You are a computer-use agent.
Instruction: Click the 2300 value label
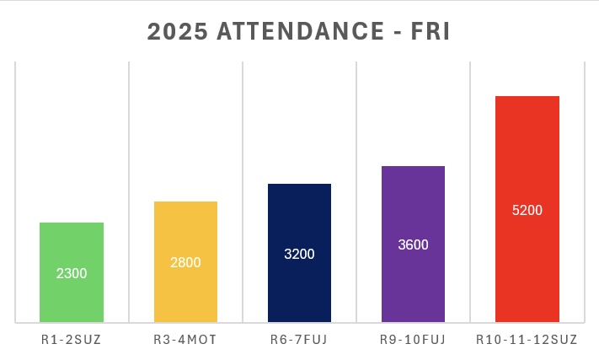72,273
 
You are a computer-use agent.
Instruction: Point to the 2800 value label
185,262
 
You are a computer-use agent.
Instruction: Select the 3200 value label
299,254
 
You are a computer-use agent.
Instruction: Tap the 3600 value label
413,245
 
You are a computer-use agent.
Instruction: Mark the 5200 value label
527,210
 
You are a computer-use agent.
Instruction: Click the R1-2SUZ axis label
72,340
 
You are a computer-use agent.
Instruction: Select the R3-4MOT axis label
185,340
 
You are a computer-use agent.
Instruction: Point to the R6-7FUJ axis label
299,340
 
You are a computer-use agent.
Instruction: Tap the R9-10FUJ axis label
413,340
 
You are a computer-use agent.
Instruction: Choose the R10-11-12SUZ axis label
527,340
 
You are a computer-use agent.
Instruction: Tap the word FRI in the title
430,31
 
